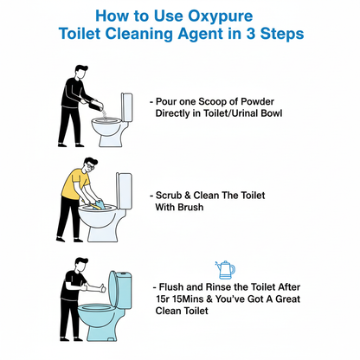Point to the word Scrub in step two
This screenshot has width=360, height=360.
point(175,195)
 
